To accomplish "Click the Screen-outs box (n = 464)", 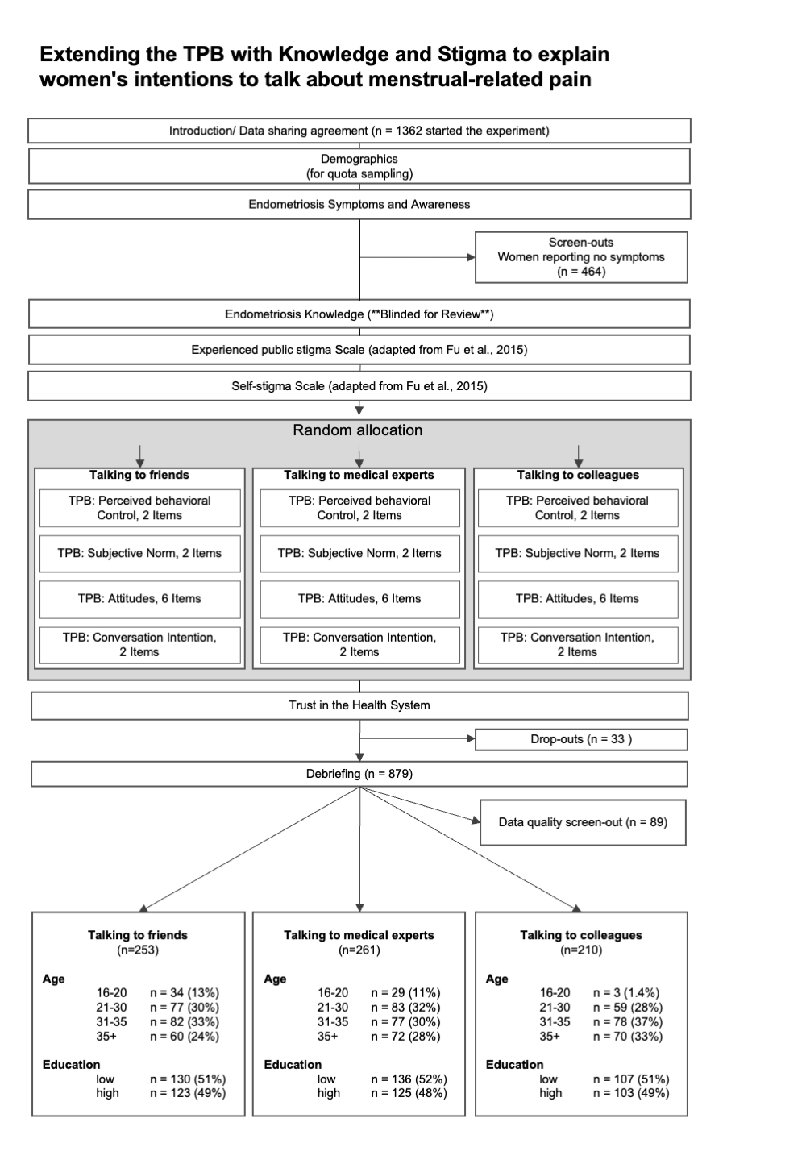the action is [581, 257].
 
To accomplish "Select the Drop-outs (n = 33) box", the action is [581, 739].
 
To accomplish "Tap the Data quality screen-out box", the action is [583, 822].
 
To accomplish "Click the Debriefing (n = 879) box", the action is [359, 774].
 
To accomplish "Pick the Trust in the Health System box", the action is [359, 705].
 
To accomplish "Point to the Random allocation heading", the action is [358, 430].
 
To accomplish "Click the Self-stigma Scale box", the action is [359, 386].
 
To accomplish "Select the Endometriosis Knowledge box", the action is [359, 314].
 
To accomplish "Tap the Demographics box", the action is [359, 166].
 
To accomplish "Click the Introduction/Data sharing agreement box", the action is [359, 131].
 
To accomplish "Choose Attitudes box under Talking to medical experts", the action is [359, 599].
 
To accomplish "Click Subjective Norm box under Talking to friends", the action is [139, 554].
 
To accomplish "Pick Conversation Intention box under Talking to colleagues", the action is [578, 645].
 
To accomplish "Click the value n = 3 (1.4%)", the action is [626, 992].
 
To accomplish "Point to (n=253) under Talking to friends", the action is [138, 950].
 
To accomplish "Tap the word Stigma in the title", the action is [472, 55].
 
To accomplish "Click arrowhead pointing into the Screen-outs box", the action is [471, 257].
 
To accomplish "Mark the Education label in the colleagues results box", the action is [514, 1064].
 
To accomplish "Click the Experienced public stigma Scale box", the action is [359, 350].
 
